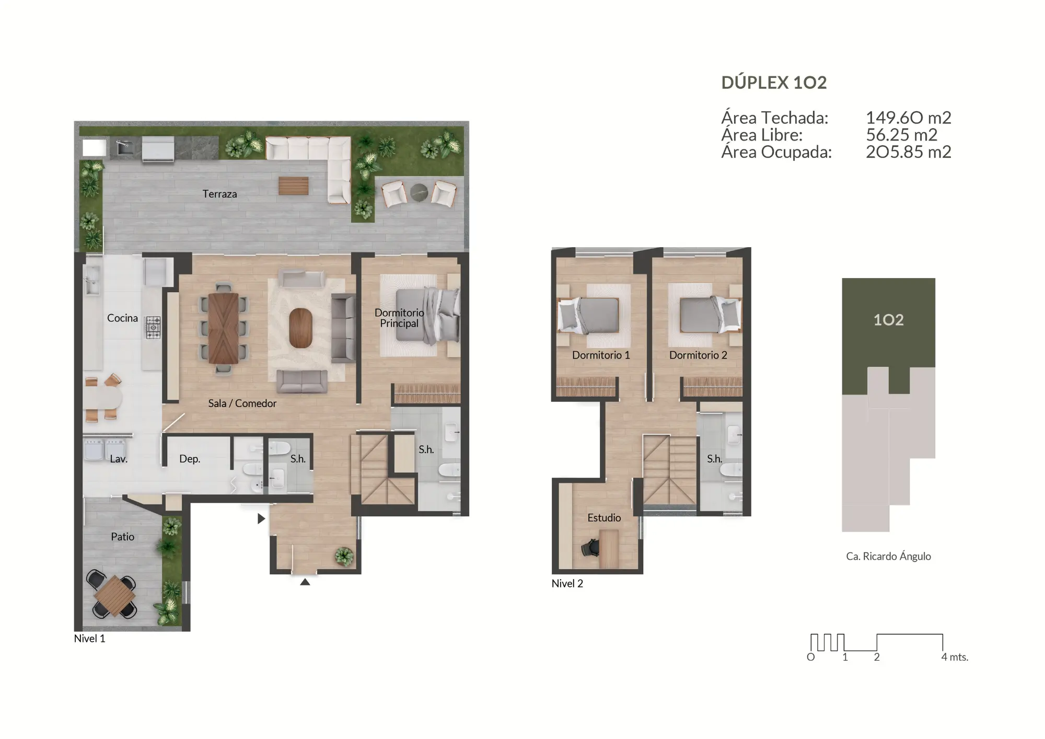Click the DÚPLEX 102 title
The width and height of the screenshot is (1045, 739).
point(774,83)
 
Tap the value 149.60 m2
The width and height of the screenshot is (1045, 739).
point(908,118)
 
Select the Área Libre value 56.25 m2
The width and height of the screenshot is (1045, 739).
point(901,135)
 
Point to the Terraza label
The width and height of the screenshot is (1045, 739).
point(219,194)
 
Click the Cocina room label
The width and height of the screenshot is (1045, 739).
point(122,318)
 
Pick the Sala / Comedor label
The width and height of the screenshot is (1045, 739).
point(242,403)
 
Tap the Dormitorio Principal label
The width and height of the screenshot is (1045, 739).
point(399,318)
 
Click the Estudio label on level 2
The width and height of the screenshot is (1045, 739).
point(604,517)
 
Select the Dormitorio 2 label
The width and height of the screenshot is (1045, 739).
point(698,355)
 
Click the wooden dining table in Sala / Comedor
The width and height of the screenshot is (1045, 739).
point(224,328)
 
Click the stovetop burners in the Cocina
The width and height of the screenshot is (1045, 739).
point(153,327)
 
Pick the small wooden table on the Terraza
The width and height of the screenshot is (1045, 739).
point(293,186)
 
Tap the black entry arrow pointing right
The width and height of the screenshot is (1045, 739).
point(261,518)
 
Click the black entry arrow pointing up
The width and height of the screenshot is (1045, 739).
point(305,582)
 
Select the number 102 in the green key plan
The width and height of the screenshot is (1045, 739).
point(888,320)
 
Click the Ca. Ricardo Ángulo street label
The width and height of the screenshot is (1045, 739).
point(888,556)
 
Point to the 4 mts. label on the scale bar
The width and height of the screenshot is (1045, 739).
point(955,657)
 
